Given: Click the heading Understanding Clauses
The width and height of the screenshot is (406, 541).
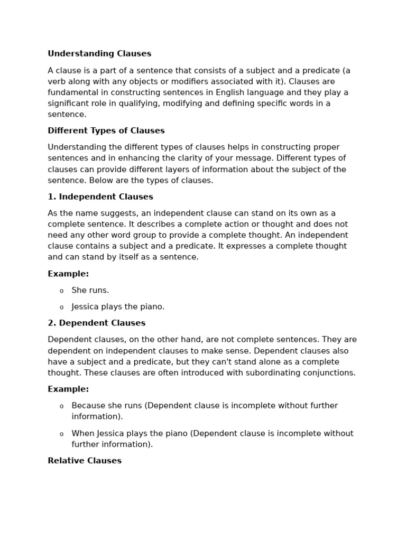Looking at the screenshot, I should pyautogui.click(x=99, y=54).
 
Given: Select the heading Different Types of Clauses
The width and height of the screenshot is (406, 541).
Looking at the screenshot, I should pyautogui.click(x=106, y=131).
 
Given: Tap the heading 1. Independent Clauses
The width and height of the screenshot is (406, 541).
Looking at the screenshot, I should pyautogui.click(x=100, y=197).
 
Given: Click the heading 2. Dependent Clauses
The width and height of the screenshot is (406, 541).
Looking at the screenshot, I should pyautogui.click(x=96, y=323).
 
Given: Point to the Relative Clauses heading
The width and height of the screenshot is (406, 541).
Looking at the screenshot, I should pyautogui.click(x=85, y=461).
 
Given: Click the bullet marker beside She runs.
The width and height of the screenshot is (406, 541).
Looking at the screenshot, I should pyautogui.click(x=61, y=291).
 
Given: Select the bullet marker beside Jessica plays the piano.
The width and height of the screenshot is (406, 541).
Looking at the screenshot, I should pyautogui.click(x=61, y=307).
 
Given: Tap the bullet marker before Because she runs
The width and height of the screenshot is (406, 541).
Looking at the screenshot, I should pyautogui.click(x=61, y=406).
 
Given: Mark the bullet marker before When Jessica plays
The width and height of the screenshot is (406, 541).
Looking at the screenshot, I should pyautogui.click(x=61, y=434).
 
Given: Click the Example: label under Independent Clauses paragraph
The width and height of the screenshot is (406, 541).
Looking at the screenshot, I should pyautogui.click(x=68, y=274).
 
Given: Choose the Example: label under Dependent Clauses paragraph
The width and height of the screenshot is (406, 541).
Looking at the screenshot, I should pyautogui.click(x=68, y=389).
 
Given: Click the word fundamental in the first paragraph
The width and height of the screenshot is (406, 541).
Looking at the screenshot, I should pyautogui.click(x=72, y=92).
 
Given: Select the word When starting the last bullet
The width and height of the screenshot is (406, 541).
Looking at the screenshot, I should pyautogui.click(x=83, y=434).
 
